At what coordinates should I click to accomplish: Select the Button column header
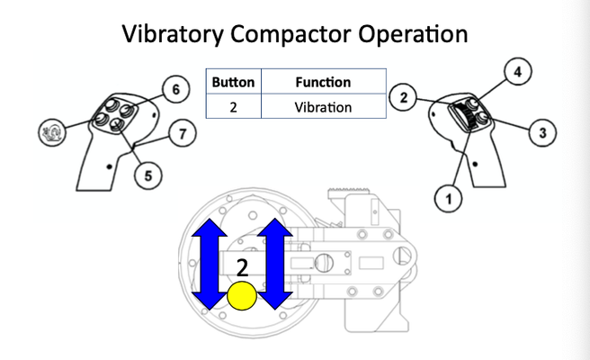point(233,82)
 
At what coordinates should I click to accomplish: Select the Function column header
point(323,82)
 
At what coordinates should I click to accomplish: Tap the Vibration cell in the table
point(323,106)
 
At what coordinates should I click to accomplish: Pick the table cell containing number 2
point(233,106)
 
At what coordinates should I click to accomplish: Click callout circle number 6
point(175,89)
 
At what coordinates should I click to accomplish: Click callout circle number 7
point(183,135)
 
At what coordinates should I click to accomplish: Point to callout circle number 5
point(147,175)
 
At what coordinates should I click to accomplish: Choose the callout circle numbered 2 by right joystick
point(405,97)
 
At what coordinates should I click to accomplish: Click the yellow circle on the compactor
point(242,296)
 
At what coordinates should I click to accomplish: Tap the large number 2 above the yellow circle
point(242,267)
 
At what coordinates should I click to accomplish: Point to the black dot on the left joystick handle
point(109,166)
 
